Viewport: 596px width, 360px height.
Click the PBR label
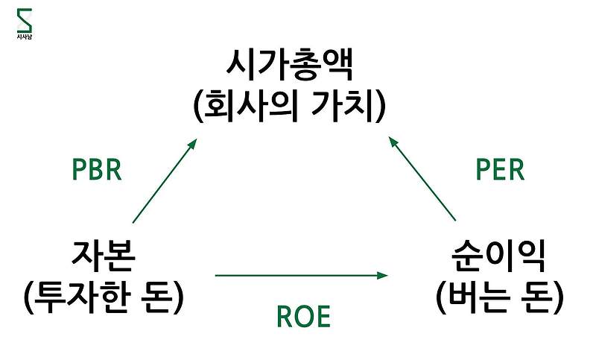tap(96, 170)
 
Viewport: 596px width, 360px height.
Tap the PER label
tap(500, 170)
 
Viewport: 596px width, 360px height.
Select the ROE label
tap(303, 318)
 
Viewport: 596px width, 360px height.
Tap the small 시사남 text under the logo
tap(25, 36)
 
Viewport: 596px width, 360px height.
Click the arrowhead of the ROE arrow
tap(384, 276)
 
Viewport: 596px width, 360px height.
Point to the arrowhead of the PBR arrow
tap(193, 143)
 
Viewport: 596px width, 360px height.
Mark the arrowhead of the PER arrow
tap(393, 142)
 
